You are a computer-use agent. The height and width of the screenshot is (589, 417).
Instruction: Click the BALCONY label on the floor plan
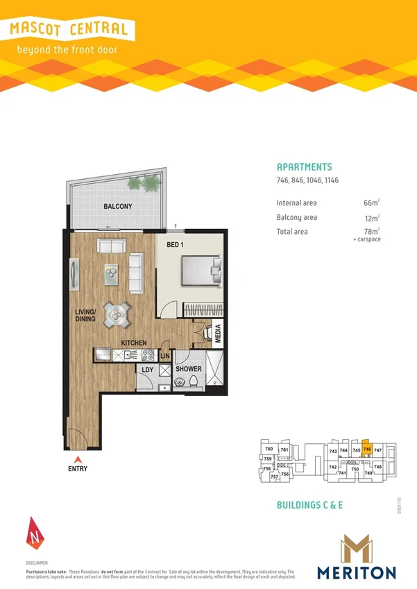pyautogui.click(x=117, y=207)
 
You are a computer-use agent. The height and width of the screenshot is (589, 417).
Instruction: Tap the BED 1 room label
pyautogui.click(x=175, y=245)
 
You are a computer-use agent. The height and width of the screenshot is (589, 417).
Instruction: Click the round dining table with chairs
pyautogui.click(x=115, y=316)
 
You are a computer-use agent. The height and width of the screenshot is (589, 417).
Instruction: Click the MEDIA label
pyautogui.click(x=217, y=334)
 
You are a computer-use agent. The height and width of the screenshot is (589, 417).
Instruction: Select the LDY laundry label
pyautogui.click(x=147, y=369)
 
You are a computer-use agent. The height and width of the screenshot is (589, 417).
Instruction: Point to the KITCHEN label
pyautogui.click(x=133, y=343)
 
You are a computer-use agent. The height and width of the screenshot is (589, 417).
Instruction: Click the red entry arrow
pyautogui.click(x=78, y=459)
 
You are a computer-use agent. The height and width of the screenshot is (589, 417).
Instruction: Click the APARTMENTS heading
pyautogui.click(x=304, y=167)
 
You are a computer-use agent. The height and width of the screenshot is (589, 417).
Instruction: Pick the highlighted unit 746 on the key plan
pyautogui.click(x=367, y=450)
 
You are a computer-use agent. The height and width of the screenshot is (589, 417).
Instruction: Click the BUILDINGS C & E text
pyautogui.click(x=309, y=505)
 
